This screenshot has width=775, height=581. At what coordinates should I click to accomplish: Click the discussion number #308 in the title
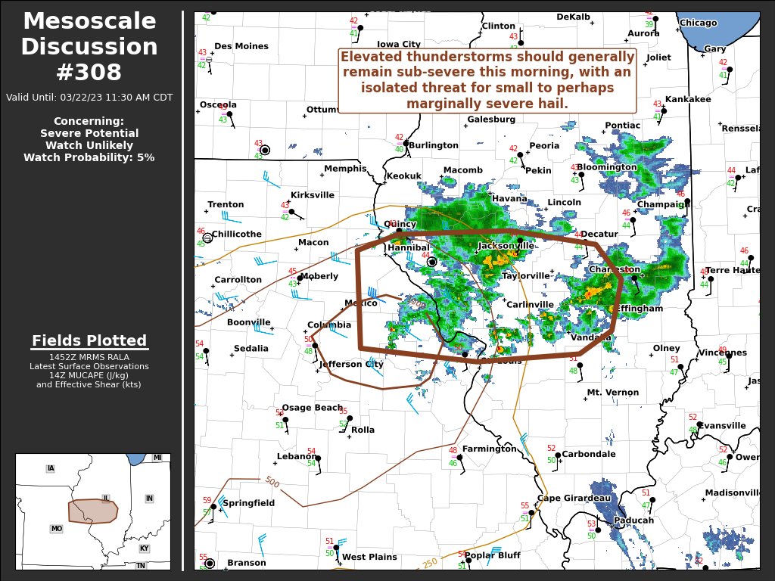[x=89, y=73]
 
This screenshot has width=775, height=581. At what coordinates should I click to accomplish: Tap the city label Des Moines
[x=241, y=46]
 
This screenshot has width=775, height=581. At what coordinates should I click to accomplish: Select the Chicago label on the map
[x=698, y=23]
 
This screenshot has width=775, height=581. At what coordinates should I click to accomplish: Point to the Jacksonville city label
[x=506, y=246]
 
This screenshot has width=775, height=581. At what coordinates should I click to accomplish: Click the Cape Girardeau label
[x=574, y=498]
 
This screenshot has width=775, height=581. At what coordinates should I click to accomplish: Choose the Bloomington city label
[x=606, y=167]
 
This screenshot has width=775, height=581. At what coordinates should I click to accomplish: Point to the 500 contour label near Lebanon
[x=272, y=482]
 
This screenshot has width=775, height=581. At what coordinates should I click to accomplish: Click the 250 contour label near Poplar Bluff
[x=430, y=562]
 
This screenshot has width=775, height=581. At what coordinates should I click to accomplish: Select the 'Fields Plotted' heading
[x=89, y=340]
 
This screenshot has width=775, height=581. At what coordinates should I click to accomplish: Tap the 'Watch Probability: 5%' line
[x=89, y=157]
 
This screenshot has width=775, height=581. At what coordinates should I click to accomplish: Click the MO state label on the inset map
[x=56, y=529]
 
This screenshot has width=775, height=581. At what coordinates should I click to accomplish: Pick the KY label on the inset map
[x=144, y=548]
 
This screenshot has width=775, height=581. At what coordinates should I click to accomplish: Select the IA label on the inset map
[x=51, y=469]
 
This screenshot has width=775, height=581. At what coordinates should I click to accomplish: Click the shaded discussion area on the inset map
[x=92, y=511]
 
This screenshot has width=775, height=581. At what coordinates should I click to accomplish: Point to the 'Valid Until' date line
[x=89, y=98]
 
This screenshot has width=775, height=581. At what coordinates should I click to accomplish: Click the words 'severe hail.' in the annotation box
[x=530, y=104]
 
